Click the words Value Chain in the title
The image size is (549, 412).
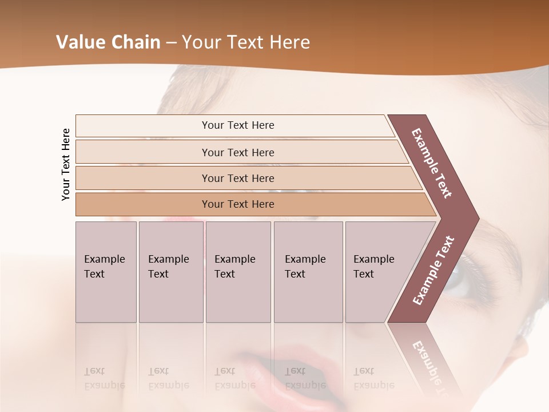(108, 42)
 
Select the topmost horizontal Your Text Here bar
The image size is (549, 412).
(237, 125)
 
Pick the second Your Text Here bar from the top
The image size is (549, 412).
(237, 152)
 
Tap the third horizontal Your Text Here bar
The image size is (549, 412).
(237, 178)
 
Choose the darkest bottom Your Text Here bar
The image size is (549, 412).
(237, 204)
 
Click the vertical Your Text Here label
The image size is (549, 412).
(66, 165)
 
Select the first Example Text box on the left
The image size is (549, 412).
(106, 272)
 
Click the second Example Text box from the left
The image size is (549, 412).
(170, 272)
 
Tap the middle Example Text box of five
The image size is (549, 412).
(238, 272)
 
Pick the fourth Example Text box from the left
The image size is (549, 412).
(308, 272)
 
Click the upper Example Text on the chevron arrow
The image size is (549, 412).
(432, 163)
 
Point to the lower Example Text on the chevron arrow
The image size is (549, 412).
(433, 271)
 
